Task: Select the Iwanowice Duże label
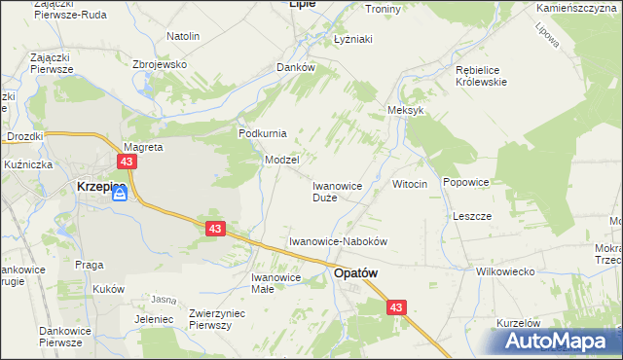point(337,191)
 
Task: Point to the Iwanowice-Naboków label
point(339,241)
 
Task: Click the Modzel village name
point(281,159)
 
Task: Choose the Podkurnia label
point(262,133)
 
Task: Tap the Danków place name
point(296,67)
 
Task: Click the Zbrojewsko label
point(159,63)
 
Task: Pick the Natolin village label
point(183,36)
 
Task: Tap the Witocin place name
point(410,184)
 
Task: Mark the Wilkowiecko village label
point(505,271)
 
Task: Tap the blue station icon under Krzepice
point(120,195)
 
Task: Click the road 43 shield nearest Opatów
point(395,307)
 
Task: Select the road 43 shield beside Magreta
point(127,161)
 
